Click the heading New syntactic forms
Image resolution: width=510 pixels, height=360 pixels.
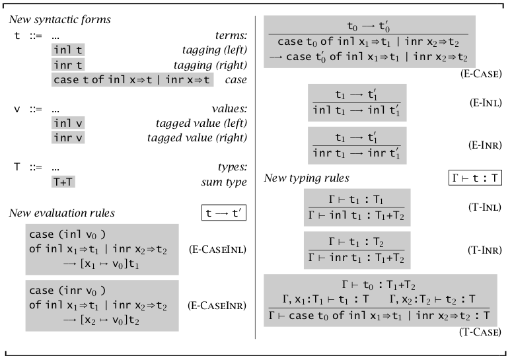point(59,20)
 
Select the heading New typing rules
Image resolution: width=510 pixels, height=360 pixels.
point(307,178)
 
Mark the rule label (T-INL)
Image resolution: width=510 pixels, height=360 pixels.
point(485,207)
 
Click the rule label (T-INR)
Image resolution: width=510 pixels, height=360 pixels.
point(485,250)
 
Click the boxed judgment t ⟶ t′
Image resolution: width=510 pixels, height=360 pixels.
point(223,213)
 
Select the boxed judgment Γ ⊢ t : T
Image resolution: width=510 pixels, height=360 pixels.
point(474,178)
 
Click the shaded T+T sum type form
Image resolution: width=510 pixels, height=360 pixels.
point(63,182)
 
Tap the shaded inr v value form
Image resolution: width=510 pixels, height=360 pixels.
point(68,137)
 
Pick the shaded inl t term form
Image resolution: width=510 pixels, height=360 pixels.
point(68,50)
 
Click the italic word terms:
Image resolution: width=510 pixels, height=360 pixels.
point(231,35)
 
